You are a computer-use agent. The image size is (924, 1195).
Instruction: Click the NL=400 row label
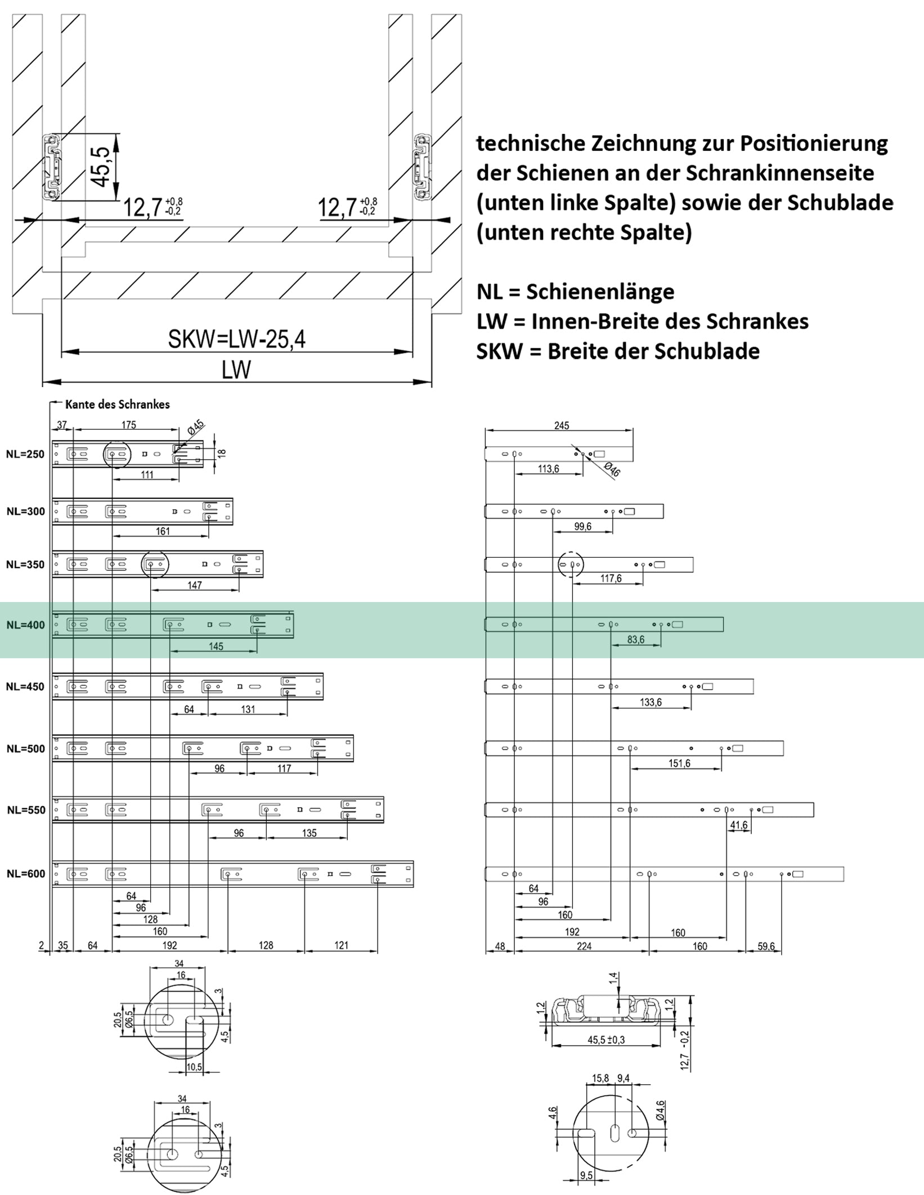(x=25, y=625)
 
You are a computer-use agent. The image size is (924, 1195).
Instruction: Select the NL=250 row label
(x=25, y=455)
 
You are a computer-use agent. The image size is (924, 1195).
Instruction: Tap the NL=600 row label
(x=25, y=874)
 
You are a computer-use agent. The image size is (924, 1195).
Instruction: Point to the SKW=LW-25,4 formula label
(x=236, y=339)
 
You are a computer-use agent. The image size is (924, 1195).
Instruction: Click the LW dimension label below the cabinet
(x=236, y=370)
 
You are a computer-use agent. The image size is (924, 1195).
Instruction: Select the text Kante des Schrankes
(x=117, y=405)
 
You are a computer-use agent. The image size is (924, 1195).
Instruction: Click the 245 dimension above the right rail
(x=561, y=426)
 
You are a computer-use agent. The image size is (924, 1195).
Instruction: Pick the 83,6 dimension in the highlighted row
(x=636, y=640)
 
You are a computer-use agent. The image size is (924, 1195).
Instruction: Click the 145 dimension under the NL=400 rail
(x=216, y=646)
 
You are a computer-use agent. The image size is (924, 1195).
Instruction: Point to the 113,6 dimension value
(x=548, y=469)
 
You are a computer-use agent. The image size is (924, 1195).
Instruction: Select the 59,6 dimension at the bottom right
(x=765, y=946)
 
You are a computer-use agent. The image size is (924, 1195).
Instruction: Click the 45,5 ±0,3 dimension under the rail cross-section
(x=606, y=1040)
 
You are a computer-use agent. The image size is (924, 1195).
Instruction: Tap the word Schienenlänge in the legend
(x=600, y=291)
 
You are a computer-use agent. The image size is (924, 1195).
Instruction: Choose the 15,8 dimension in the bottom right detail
(x=600, y=1079)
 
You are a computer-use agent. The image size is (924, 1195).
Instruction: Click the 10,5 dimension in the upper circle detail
(x=194, y=1067)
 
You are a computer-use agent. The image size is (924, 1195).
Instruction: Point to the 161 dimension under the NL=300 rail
(x=162, y=531)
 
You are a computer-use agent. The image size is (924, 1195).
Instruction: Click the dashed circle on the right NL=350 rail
(x=571, y=564)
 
